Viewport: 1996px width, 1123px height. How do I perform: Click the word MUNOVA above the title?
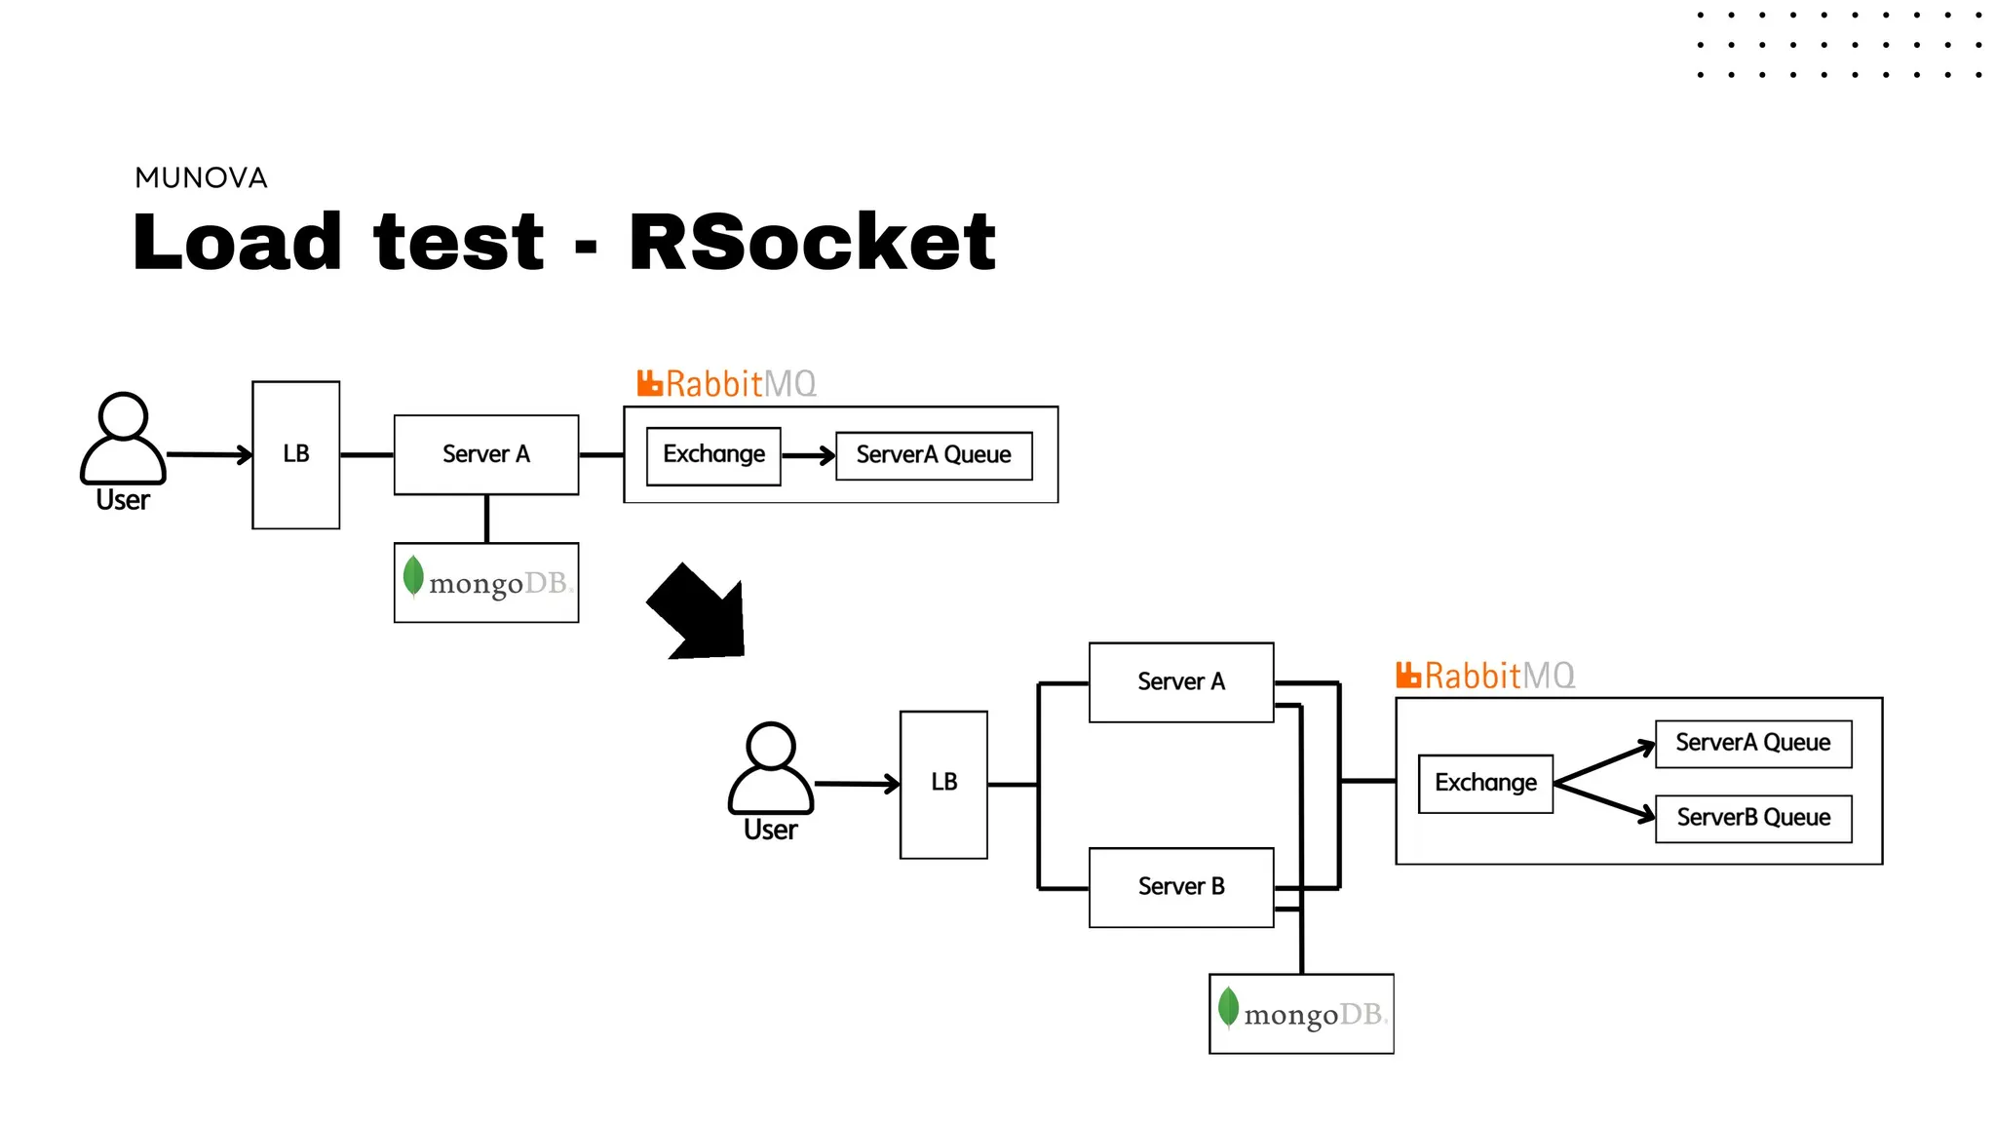coord(201,177)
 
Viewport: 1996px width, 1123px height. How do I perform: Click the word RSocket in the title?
coord(812,242)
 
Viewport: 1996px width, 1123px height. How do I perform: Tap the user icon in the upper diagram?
coord(123,438)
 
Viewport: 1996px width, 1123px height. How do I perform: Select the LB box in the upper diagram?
coord(295,454)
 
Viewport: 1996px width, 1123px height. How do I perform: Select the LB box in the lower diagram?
coord(943,784)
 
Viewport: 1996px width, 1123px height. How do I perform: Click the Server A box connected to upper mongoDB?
coord(485,454)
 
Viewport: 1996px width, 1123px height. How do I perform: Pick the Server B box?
coord(1180,886)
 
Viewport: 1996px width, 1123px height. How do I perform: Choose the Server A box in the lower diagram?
coord(1180,681)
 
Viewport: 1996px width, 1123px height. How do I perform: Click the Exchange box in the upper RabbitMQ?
coord(713,455)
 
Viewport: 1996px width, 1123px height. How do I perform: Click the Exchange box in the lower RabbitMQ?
coord(1485,783)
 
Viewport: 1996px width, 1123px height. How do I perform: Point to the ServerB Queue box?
coord(1752,818)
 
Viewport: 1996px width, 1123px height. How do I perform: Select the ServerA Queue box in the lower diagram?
coord(1752,743)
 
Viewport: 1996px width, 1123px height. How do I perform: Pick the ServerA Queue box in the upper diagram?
coord(933,455)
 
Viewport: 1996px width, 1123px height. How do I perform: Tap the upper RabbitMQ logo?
coord(726,383)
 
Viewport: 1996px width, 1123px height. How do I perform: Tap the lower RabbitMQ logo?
coord(1484,675)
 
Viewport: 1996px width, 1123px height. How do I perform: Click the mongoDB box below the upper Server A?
coord(485,582)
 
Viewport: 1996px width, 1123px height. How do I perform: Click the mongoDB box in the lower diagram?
coord(1300,1013)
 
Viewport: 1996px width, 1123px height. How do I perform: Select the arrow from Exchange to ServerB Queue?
coord(1604,801)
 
